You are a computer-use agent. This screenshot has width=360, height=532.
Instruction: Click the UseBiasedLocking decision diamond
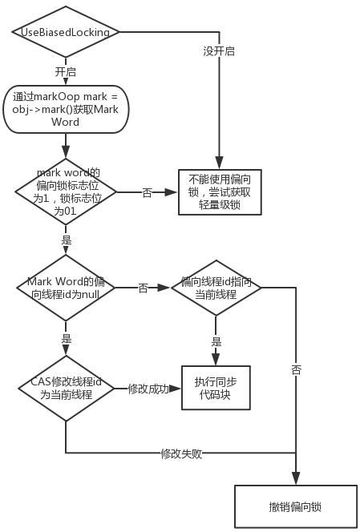[x=65, y=32]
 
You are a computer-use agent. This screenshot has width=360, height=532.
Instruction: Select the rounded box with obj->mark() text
[x=65, y=109]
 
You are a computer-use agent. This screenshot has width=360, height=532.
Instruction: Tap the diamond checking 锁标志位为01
[x=65, y=192]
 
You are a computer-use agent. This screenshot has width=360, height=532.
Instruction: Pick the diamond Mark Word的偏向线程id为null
[x=65, y=288]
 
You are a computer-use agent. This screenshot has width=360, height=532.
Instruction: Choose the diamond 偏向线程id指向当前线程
[x=216, y=288]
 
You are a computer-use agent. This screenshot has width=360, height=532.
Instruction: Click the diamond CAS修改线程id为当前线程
[x=65, y=389]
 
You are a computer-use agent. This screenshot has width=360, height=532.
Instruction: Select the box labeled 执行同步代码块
[x=216, y=389]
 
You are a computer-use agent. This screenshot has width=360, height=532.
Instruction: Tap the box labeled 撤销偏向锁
[x=296, y=507]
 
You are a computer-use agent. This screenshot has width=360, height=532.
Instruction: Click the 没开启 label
[x=219, y=50]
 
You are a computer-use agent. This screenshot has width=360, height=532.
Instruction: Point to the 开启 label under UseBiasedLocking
[x=65, y=71]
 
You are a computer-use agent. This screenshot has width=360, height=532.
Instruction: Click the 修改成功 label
[x=148, y=389]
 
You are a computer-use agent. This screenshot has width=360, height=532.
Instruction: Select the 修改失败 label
[x=180, y=453]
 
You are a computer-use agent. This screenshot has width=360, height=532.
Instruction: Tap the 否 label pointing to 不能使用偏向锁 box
[x=147, y=192]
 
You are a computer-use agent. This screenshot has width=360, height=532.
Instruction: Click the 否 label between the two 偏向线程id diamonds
[x=143, y=288]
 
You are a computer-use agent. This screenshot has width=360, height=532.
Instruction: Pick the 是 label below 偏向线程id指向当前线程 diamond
[x=216, y=341]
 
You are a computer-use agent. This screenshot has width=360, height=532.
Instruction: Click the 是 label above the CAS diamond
[x=65, y=339]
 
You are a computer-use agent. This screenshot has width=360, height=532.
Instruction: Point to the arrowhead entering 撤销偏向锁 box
[x=296, y=480]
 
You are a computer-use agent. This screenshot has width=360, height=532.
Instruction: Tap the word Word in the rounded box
[x=65, y=122]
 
